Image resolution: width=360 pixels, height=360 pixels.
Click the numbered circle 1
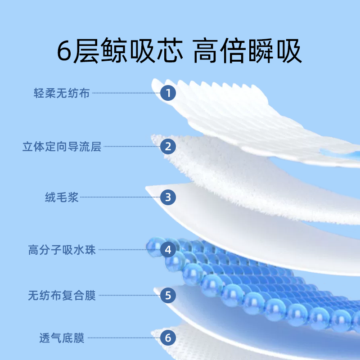(x=168, y=93)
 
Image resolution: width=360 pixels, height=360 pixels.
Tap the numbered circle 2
(x=168, y=146)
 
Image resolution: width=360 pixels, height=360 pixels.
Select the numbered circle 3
(x=168, y=197)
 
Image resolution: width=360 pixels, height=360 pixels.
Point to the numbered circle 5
(x=168, y=296)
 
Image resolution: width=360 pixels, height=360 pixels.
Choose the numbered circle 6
(x=168, y=337)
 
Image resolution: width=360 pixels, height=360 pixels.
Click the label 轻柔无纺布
(x=62, y=93)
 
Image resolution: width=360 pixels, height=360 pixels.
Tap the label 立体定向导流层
(x=62, y=146)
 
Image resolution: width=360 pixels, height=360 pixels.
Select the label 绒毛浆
(x=62, y=197)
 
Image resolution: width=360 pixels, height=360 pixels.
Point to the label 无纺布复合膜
(x=62, y=296)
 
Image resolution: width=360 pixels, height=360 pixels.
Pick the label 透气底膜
(x=62, y=337)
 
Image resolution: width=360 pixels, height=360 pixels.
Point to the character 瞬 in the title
(x=261, y=53)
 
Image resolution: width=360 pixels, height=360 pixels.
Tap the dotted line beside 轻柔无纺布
(x=126, y=93)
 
